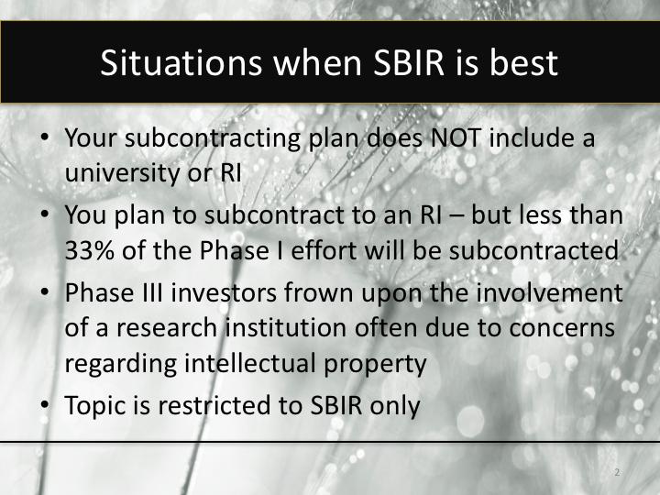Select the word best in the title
coord(516,63)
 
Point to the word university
coord(120,173)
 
